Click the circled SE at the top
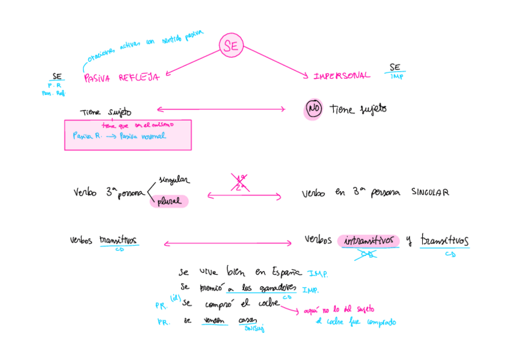pyautogui.click(x=230, y=45)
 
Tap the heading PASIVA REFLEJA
pyautogui.click(x=121, y=78)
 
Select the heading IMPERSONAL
pyautogui.click(x=342, y=76)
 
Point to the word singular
pyautogui.click(x=174, y=180)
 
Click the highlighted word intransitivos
pyautogui.click(x=369, y=240)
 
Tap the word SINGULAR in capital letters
pyautogui.click(x=430, y=192)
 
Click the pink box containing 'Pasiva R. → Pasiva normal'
pyautogui.click(x=127, y=135)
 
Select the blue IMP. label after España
pyautogui.click(x=318, y=273)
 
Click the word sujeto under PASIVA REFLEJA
pyautogui.click(x=119, y=112)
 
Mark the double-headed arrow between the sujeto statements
pyautogui.click(x=220, y=109)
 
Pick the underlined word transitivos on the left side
pyautogui.click(x=118, y=240)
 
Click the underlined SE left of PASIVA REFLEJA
pyautogui.click(x=58, y=76)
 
